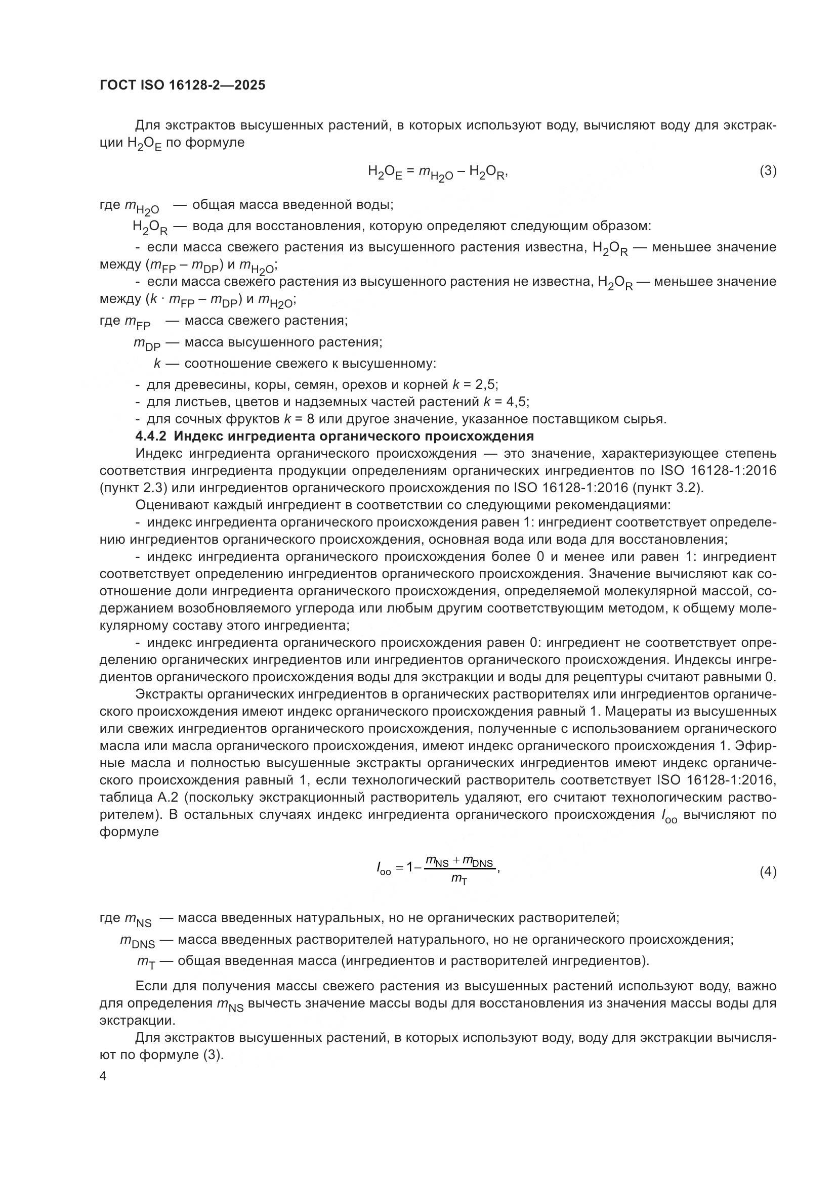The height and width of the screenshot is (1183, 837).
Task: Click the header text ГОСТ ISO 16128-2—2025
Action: pos(183,85)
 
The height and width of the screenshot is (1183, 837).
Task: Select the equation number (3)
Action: pos(768,170)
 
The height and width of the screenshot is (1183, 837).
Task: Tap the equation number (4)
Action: pos(768,872)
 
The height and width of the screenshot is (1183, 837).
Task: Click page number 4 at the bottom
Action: pos(103,1077)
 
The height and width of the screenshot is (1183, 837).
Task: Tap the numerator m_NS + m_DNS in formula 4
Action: pos(459,862)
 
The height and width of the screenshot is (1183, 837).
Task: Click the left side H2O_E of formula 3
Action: pos(384,172)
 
